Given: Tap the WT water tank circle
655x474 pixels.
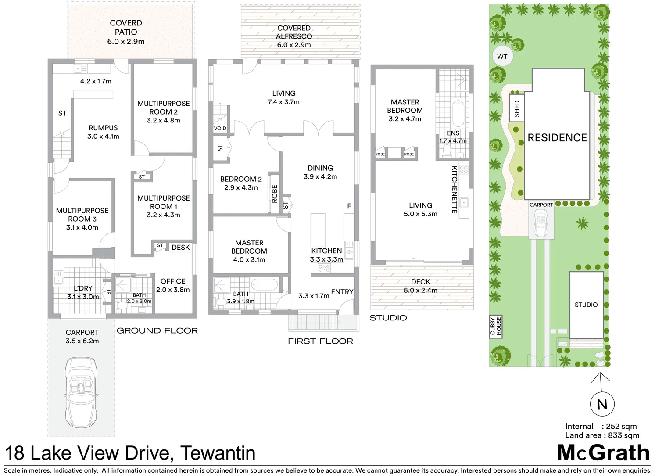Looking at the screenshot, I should [502, 57].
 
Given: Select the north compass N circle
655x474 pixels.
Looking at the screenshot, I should [602, 404].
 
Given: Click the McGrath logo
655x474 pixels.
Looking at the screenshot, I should [603, 452].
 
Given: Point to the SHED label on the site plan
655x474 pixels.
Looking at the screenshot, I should [517, 108].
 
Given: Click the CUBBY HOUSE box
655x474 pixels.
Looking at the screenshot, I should [496, 327].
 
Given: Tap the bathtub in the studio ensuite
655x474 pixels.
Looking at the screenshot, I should [458, 113].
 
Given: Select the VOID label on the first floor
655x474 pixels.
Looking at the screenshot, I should [220, 128].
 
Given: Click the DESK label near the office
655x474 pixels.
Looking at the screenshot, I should [180, 248].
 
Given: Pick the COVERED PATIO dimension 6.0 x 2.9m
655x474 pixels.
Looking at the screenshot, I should [126, 42].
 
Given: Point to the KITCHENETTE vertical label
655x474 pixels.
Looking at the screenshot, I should [455, 189].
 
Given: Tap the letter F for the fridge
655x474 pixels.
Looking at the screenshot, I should [349, 206].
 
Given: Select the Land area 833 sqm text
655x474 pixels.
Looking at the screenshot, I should [602, 435].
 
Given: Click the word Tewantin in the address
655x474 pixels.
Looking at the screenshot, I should [218, 453].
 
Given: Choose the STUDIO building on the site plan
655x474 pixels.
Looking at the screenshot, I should [586, 305].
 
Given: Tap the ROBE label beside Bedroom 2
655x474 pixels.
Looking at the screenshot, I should [275, 194].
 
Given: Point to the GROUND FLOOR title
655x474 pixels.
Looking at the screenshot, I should [157, 330].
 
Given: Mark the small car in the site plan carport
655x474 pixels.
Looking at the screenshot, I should [541, 223].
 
